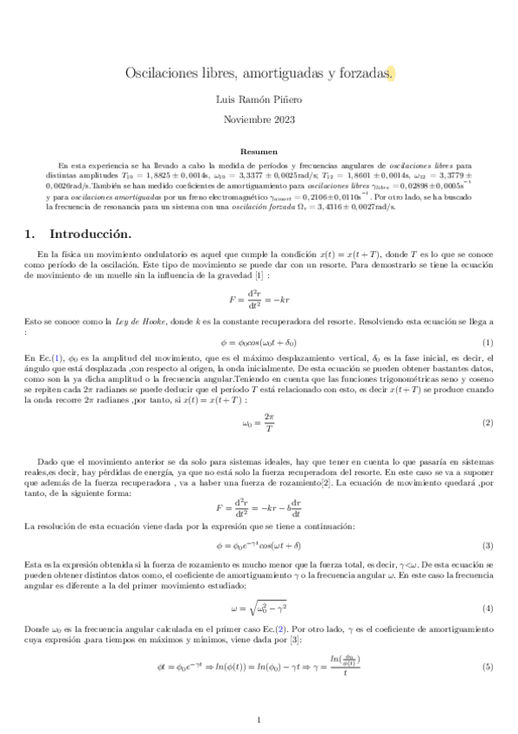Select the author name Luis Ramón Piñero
[x=259, y=100]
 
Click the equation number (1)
[x=488, y=343]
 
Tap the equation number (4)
[x=488, y=608]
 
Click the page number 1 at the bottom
[x=259, y=719]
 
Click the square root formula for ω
[x=259, y=608]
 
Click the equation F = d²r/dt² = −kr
[x=259, y=299]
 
